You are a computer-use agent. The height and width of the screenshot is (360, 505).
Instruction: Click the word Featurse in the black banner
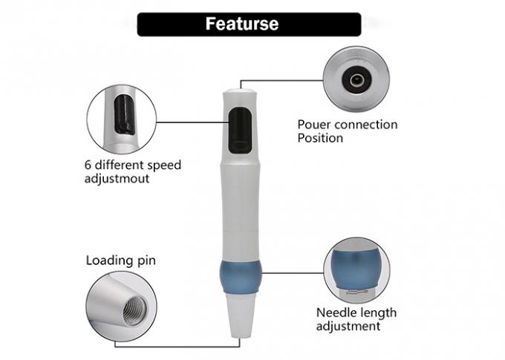click(242, 24)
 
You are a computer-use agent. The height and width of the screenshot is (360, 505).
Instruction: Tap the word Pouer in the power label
click(311, 125)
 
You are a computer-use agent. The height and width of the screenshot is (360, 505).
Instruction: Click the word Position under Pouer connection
click(320, 138)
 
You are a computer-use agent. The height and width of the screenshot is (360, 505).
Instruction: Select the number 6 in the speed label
click(88, 166)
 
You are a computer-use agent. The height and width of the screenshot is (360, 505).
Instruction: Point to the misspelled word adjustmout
click(117, 179)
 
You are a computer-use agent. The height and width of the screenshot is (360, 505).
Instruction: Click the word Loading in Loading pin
click(110, 261)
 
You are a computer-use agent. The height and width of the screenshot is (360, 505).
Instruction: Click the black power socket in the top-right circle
click(357, 80)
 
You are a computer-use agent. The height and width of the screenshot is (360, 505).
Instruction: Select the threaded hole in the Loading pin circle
click(134, 311)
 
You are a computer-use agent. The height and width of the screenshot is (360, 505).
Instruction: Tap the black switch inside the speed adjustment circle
click(124, 114)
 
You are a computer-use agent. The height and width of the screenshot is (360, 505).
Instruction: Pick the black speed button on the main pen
click(240, 130)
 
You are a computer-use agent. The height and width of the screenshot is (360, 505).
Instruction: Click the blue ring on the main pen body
click(240, 277)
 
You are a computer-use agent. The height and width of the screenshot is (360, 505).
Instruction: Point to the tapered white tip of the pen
click(241, 315)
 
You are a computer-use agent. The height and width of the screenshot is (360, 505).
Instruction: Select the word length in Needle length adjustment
click(377, 313)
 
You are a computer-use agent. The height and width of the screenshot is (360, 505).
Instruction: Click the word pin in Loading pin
click(146, 261)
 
